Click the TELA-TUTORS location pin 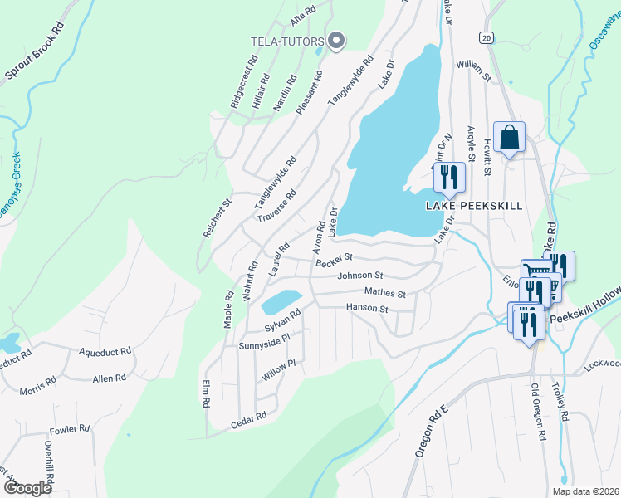point(336,40)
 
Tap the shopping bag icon point(509,138)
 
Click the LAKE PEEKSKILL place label point(474,206)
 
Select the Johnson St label point(359,276)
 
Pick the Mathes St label point(384,293)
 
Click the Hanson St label point(366,309)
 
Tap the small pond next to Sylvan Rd point(281,301)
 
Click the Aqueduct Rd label point(105,352)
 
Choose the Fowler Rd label point(69,429)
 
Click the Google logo point(27,488)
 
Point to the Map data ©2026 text point(586,491)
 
